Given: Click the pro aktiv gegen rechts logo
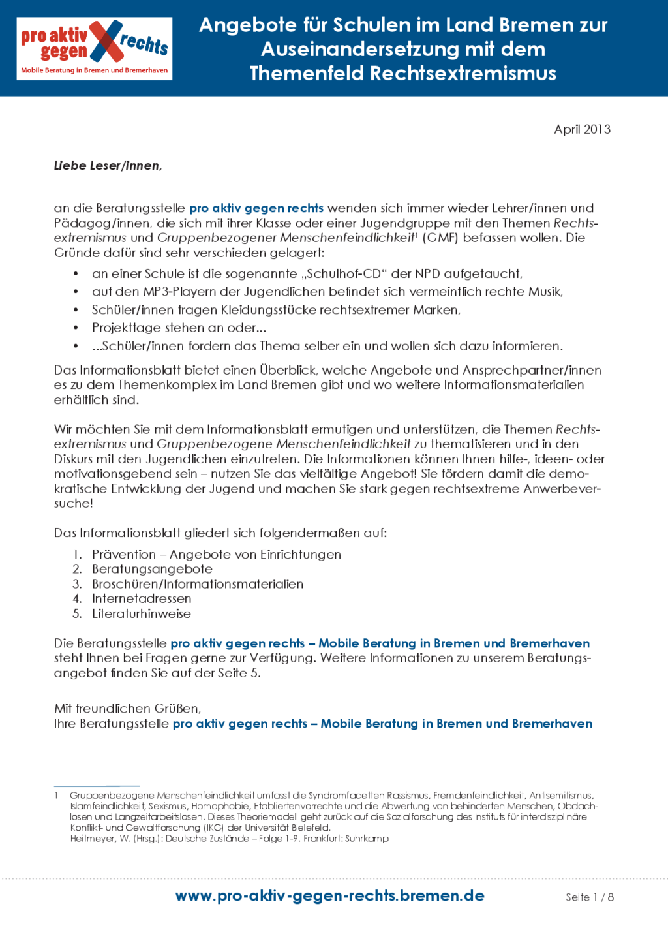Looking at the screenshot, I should (x=95, y=49).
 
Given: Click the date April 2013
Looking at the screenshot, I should (x=582, y=129).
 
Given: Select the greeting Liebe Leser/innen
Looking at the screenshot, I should (x=108, y=166).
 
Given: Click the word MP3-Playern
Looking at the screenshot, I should (x=174, y=292).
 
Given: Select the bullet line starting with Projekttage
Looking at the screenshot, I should (x=179, y=328).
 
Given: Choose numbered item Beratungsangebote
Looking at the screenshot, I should (x=152, y=569).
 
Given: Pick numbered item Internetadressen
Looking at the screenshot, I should (x=142, y=598).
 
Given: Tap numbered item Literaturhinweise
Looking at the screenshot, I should (x=142, y=613).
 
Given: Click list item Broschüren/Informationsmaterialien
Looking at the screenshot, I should (x=197, y=584).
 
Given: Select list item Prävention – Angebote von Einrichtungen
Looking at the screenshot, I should (x=216, y=554).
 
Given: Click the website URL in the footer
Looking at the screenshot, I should (x=329, y=895).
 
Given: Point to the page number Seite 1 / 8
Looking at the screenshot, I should (x=589, y=897).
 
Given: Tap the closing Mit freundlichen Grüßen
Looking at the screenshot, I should (x=127, y=708).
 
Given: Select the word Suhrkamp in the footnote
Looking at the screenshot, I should (x=367, y=839).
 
